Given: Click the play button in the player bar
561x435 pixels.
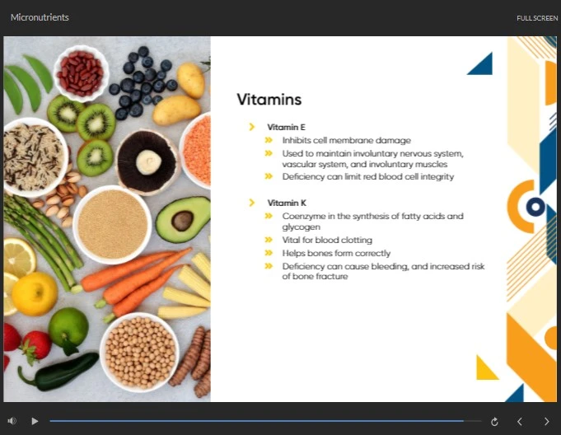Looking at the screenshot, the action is pos(35,421).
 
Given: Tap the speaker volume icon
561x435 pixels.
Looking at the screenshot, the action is pos(12,421).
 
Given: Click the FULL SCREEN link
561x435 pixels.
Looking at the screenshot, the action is pos(537,18).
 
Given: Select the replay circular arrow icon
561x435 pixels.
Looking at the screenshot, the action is pos(494,422).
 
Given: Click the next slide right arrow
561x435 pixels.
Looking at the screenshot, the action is pos(547,422).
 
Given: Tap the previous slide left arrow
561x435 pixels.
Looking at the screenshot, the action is pos(520,422).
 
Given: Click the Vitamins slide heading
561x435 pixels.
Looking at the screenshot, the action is pos(269,100).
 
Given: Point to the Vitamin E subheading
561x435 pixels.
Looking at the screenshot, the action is pos(286,127).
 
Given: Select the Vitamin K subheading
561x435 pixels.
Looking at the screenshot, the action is pos(287,203).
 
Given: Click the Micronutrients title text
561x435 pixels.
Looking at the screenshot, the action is pos(40,17).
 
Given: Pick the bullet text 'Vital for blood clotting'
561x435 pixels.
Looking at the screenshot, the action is pos(327,240).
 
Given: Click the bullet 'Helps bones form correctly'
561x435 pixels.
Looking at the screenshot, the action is pos(336,253).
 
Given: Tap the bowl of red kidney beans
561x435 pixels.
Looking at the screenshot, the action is pos(81,73).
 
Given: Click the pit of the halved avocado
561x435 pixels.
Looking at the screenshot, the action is pos(182,220).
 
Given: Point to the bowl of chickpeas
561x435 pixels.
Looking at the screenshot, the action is pos(139,352).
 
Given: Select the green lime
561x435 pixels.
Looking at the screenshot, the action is pos(68,326).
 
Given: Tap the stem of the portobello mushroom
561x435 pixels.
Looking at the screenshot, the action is pos(148,162).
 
